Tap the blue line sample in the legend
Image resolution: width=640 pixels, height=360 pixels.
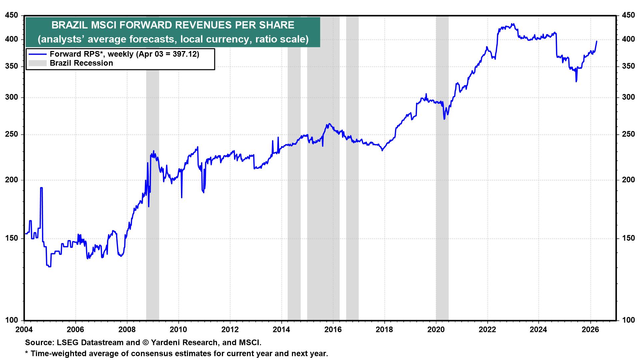37,54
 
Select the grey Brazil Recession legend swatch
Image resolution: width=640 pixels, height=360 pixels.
37,63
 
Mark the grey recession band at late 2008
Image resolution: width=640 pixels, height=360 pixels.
152,233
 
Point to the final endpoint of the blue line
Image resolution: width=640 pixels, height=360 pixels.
596,41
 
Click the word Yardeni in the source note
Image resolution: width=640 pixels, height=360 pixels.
166,342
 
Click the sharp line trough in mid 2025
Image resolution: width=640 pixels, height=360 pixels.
576,81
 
